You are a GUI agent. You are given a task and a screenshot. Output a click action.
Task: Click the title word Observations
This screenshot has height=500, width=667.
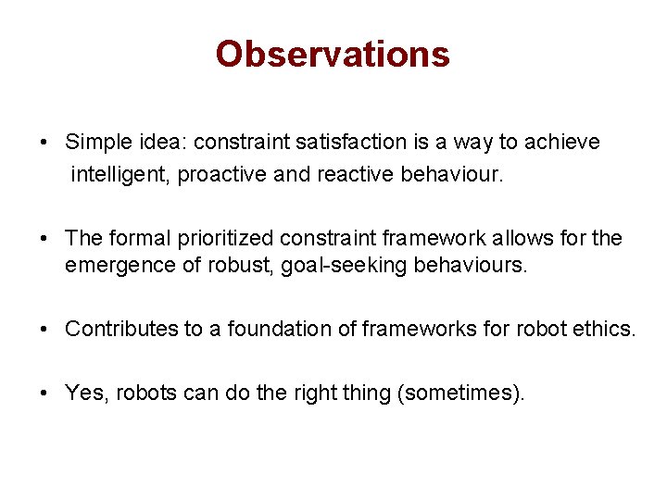click(x=333, y=54)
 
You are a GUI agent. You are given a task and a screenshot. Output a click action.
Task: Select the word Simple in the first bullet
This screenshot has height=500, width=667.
click(x=94, y=143)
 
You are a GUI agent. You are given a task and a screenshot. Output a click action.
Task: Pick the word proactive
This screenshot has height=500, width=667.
click(x=222, y=175)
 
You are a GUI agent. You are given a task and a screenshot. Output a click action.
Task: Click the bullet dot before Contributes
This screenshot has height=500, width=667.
click(x=44, y=330)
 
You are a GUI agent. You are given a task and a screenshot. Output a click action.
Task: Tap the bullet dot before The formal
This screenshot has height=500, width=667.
click(x=44, y=239)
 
